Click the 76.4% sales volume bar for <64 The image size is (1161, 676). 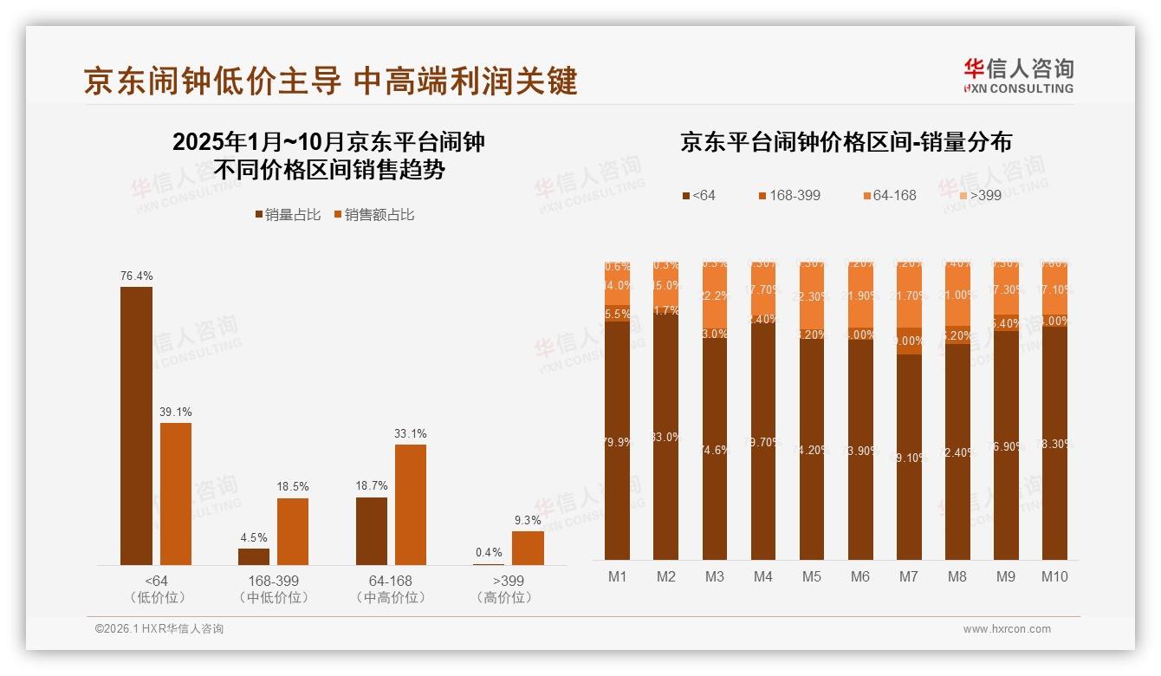pyautogui.click(x=136, y=426)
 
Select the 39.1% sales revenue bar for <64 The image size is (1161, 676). pyautogui.click(x=176, y=494)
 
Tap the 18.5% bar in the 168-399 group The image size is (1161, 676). pyautogui.click(x=293, y=531)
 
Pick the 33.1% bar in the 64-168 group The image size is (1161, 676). pyautogui.click(x=411, y=504)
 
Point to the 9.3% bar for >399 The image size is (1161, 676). pyautogui.click(x=528, y=548)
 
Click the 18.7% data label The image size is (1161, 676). pyautogui.click(x=372, y=486)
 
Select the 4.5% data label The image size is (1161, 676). pyautogui.click(x=254, y=537)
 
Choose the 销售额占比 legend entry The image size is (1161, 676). pyautogui.click(x=373, y=215)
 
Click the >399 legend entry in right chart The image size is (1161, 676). pyautogui.click(x=980, y=196)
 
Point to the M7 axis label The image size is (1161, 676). pyautogui.click(x=909, y=577)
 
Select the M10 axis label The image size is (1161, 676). pyautogui.click(x=1054, y=577)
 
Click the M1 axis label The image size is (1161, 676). pyautogui.click(x=618, y=577)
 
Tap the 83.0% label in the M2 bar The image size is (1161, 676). pyautogui.click(x=666, y=438)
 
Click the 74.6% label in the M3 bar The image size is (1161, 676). pyautogui.click(x=715, y=450)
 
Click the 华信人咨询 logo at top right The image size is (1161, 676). pyautogui.click(x=1018, y=75)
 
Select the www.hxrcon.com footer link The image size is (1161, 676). pyautogui.click(x=1007, y=629)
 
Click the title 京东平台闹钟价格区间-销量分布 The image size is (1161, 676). pyautogui.click(x=846, y=142)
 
